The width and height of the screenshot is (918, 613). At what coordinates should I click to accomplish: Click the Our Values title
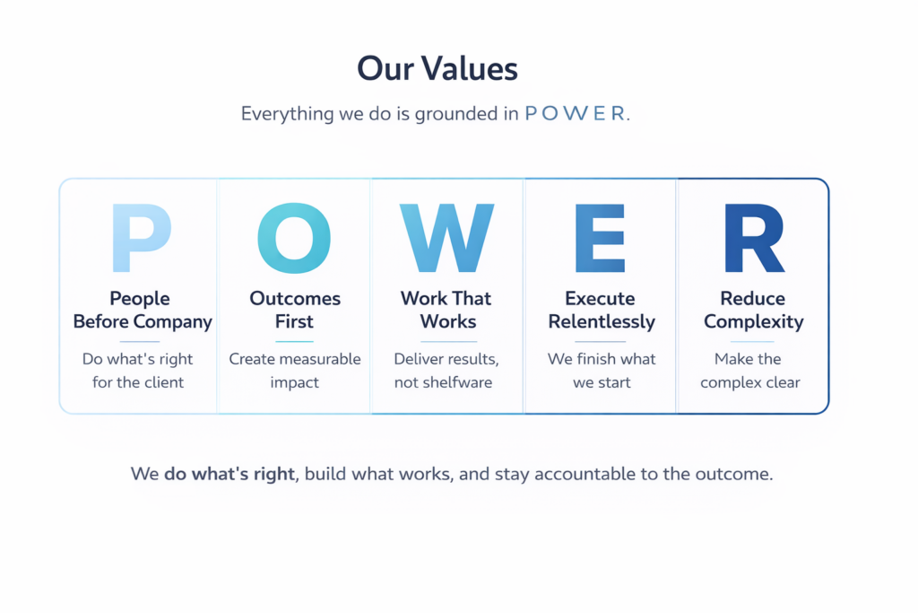(437, 68)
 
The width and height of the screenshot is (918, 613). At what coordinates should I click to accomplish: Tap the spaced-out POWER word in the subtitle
(575, 113)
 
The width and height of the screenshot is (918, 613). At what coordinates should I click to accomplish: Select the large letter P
(141, 238)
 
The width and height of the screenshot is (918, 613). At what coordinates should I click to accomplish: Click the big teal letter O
(294, 238)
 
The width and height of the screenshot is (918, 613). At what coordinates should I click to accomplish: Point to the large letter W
(446, 238)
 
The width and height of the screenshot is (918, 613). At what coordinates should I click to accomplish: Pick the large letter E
(600, 238)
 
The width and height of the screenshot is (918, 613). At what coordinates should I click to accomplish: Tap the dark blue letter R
(755, 238)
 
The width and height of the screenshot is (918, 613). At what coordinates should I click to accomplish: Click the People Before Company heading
(143, 310)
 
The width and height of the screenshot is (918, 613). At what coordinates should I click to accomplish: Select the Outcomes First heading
(294, 310)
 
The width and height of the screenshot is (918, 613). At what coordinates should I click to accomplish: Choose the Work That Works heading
(446, 310)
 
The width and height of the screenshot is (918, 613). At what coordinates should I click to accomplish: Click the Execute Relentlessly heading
(602, 310)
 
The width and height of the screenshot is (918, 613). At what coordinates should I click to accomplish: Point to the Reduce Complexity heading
(753, 310)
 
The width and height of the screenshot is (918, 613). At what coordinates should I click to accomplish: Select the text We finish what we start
(602, 371)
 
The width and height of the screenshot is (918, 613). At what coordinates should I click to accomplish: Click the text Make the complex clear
(750, 371)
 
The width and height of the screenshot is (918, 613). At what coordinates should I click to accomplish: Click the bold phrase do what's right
(229, 474)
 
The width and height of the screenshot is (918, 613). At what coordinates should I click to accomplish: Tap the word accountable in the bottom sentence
(585, 474)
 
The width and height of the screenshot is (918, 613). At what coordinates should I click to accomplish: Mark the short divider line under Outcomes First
(294, 341)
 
